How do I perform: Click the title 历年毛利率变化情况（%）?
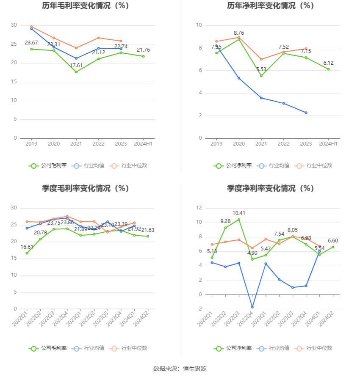click(x=86, y=6)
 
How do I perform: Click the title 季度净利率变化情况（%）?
click(x=271, y=189)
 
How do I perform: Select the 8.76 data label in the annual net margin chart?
click(x=239, y=33)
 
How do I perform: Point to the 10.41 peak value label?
click(x=239, y=213)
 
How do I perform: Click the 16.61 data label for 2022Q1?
click(x=27, y=247)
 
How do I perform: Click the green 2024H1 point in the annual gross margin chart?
click(x=143, y=56)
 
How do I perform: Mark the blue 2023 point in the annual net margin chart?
click(x=306, y=113)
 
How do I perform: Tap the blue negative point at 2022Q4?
click(x=252, y=307)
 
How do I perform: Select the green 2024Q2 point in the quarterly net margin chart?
click(x=333, y=247)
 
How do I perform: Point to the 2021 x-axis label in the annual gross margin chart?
click(x=76, y=144)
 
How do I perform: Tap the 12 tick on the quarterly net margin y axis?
click(x=199, y=208)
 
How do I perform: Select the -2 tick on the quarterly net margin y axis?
click(x=199, y=309)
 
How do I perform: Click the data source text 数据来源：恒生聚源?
click(x=180, y=369)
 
